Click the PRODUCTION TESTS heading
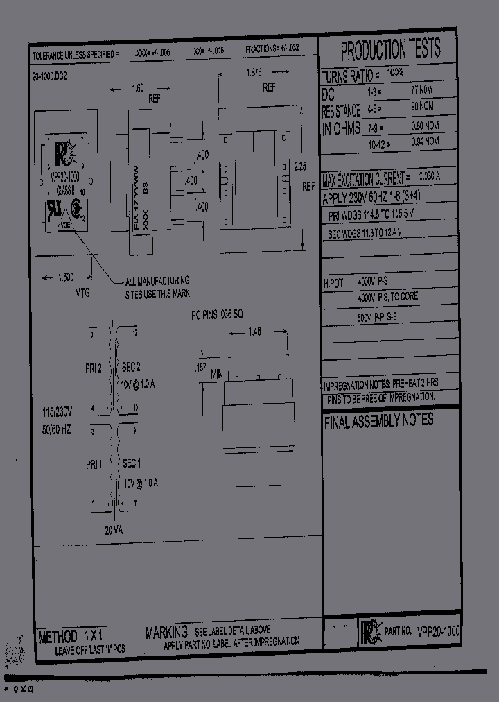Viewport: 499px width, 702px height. click(x=390, y=50)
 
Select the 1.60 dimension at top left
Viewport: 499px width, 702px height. click(x=137, y=88)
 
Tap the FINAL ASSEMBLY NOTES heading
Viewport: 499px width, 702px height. click(x=378, y=420)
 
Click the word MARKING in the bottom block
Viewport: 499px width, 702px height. click(x=167, y=632)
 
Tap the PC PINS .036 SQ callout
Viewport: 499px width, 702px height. click(x=217, y=314)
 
